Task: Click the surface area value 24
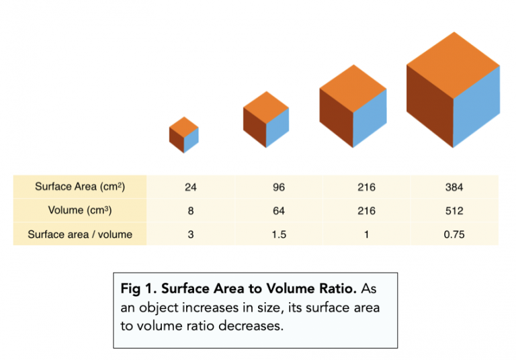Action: pyautogui.click(x=191, y=187)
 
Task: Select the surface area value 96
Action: pyautogui.click(x=279, y=187)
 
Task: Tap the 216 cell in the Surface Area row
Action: pyautogui.click(x=367, y=187)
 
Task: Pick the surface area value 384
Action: pyautogui.click(x=454, y=187)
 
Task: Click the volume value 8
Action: pyautogui.click(x=191, y=211)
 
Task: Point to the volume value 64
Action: pyautogui.click(x=279, y=211)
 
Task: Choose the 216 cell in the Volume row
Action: pyautogui.click(x=367, y=211)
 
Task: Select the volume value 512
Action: pyautogui.click(x=454, y=211)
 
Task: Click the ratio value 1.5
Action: pyautogui.click(x=279, y=234)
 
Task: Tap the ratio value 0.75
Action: pyautogui.click(x=454, y=234)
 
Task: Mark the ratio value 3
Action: pyautogui.click(x=191, y=234)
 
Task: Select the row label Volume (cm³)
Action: pyautogui.click(x=80, y=211)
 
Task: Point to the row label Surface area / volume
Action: pyautogui.click(x=80, y=234)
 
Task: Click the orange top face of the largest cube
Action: pyautogui.click(x=454, y=65)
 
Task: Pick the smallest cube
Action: pyautogui.click(x=184, y=134)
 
